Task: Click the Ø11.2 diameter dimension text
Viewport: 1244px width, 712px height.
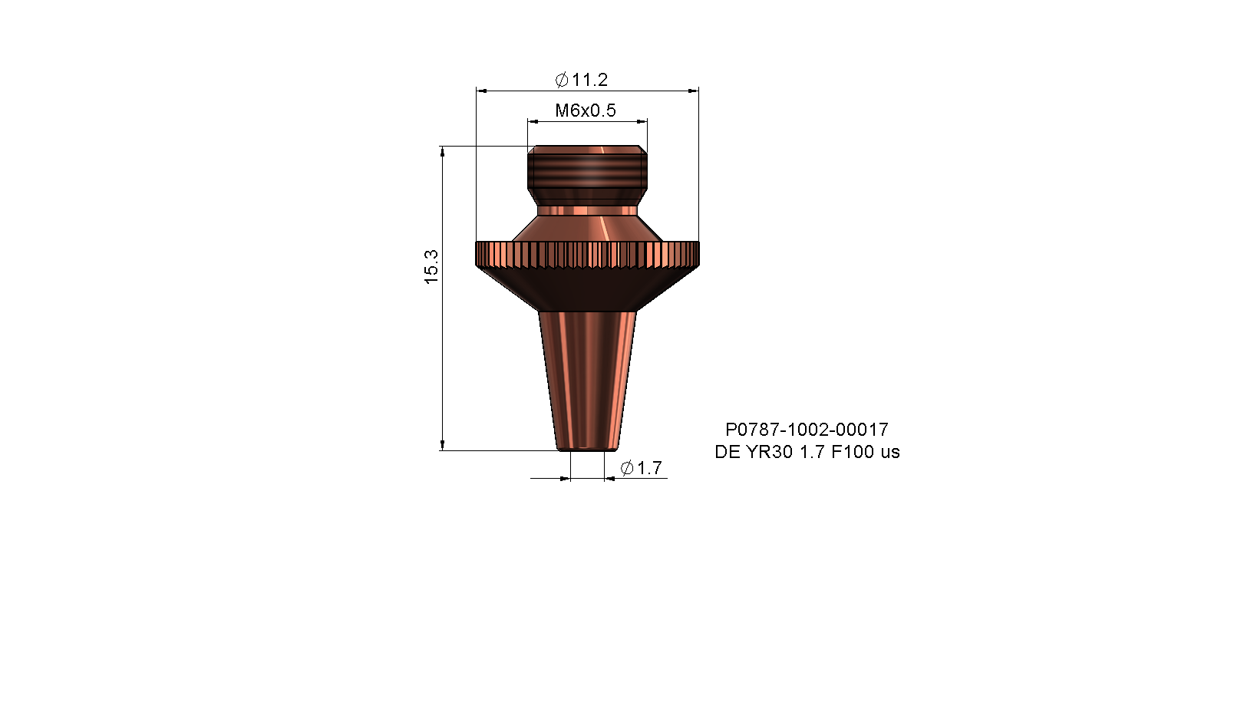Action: [582, 80]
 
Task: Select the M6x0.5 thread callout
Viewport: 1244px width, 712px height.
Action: [586, 110]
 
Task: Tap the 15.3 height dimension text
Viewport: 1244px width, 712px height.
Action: [431, 266]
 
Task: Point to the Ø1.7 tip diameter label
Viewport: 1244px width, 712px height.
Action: [641, 467]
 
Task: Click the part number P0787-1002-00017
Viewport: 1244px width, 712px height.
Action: [807, 429]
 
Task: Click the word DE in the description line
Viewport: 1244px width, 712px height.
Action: [727, 452]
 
